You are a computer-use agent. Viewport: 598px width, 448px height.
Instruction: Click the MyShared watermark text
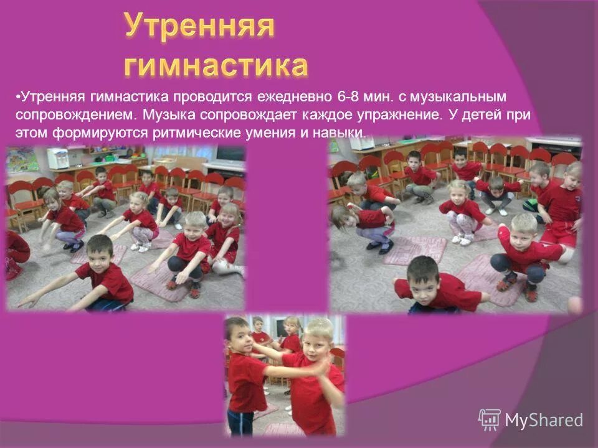tap(544, 420)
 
